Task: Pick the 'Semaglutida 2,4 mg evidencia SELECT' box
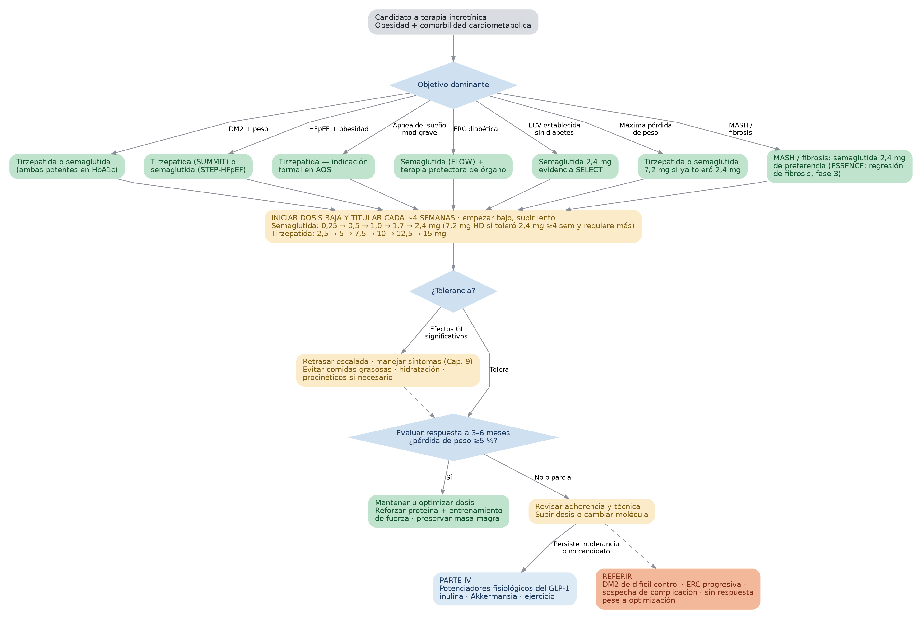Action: tap(575, 166)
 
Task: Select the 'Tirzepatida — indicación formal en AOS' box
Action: tap(323, 166)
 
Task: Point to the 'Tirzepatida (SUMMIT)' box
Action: tap(198, 166)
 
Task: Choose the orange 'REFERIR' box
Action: tap(678, 589)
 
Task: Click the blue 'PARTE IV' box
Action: tap(505, 589)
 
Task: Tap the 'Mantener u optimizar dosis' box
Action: tap(439, 511)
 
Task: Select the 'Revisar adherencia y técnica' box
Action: tap(591, 511)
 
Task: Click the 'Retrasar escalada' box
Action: tap(388, 370)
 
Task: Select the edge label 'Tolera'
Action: tap(499, 370)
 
